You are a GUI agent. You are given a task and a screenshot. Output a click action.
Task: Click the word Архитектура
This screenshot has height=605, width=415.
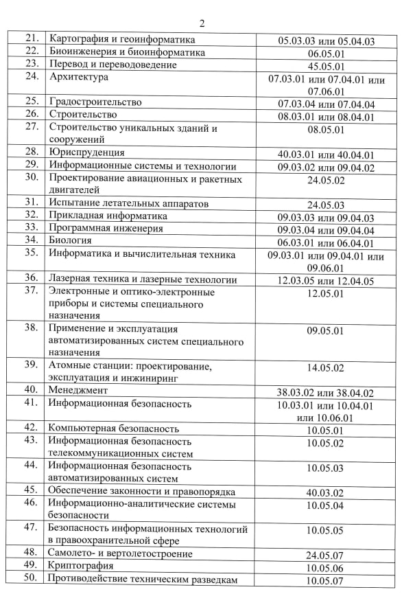click(79, 77)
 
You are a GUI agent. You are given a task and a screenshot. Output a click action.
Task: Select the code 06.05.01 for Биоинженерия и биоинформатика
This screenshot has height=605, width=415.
click(326, 53)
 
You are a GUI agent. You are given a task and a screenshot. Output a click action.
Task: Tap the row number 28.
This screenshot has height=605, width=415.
click(30, 152)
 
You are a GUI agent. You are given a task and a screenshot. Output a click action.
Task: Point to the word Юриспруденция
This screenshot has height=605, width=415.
click(86, 152)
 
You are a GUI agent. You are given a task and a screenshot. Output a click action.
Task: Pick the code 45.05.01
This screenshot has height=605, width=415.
click(326, 65)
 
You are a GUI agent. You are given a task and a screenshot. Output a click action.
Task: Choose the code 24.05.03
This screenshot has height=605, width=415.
click(326, 205)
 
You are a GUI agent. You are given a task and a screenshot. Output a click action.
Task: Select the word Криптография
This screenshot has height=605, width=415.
click(81, 567)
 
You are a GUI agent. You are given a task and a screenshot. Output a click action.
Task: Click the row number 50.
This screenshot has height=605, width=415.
click(30, 579)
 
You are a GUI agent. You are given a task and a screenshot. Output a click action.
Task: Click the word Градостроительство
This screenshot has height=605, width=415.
click(95, 102)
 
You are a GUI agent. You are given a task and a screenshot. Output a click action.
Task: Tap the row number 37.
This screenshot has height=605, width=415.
click(30, 290)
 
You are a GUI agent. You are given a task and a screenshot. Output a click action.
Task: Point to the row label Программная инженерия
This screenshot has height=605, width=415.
click(106, 228)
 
